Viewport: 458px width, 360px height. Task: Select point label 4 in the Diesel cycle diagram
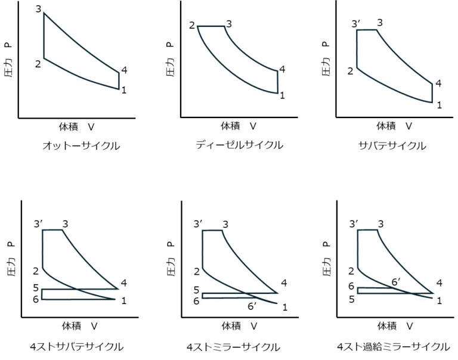coord(281,70)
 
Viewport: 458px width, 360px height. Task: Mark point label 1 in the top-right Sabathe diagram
coord(439,105)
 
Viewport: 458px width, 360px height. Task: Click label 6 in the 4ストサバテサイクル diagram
coord(36,299)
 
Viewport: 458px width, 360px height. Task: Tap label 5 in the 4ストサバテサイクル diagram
coord(36,288)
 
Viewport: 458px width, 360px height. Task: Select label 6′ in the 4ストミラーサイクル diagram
coord(252,307)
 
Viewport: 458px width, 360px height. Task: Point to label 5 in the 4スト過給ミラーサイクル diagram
coord(352,298)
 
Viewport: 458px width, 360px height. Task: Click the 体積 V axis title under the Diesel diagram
coord(239,126)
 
